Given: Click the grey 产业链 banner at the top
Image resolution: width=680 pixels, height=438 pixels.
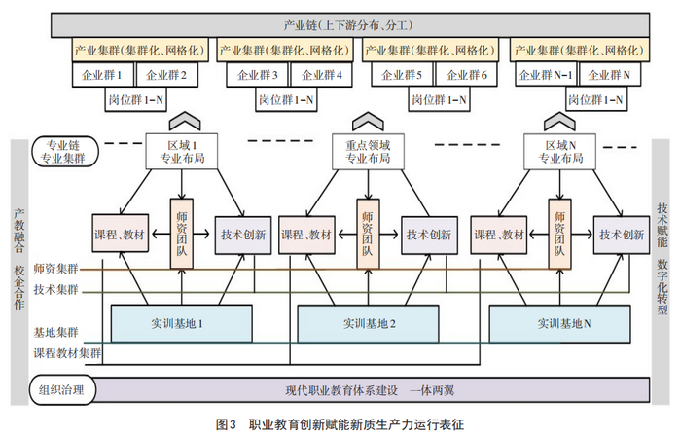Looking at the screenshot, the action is [350, 25].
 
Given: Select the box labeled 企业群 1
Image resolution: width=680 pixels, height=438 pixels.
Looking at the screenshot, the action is [103, 75].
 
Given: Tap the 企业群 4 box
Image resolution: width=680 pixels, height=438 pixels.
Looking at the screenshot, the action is [321, 75].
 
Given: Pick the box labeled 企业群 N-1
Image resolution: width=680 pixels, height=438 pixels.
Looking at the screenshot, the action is [546, 75].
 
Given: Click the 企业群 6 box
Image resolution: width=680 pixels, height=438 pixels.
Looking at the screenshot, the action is [466, 75].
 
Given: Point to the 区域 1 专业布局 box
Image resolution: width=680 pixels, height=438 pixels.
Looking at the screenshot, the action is [182, 151].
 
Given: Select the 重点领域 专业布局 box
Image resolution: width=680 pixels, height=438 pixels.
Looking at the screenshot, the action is [368, 151].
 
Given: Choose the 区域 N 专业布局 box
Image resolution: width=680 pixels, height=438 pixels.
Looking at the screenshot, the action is [560, 151].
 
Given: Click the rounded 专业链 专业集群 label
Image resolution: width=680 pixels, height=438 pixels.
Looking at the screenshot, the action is [65, 152].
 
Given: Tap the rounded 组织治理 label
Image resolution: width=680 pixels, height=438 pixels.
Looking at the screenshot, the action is [62, 389].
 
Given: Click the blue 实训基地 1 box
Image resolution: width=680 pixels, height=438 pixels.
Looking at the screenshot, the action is [182, 323].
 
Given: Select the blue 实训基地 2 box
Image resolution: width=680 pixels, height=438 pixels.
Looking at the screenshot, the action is [368, 323].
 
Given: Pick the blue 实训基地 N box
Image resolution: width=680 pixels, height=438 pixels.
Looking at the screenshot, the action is [560, 323].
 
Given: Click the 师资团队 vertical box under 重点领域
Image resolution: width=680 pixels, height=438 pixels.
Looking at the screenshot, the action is [368, 234].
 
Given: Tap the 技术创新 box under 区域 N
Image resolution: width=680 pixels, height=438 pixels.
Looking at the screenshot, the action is [622, 235].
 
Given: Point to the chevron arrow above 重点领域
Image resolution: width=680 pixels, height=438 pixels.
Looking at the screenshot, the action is [368, 121].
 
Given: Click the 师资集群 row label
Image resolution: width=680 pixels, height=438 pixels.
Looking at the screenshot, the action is [56, 270].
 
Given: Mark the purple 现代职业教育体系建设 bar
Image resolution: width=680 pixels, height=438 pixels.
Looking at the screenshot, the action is [370, 389].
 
